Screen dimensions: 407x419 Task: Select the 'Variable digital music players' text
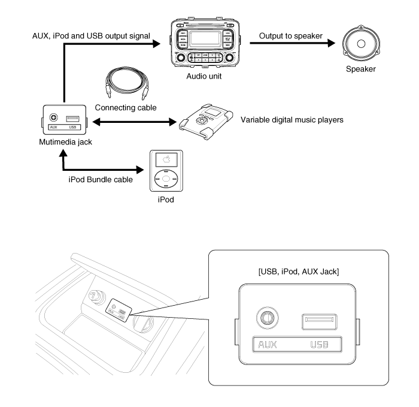coord(292,120)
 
